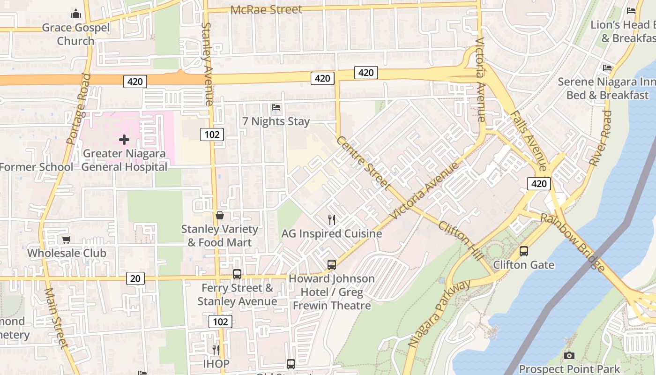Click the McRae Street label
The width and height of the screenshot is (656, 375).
coord(266,9)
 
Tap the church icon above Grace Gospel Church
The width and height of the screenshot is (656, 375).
coord(76,14)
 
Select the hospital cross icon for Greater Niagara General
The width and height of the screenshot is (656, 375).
coord(124,140)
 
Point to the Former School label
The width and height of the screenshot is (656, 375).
coord(37,167)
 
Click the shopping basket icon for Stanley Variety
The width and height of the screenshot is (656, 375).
coord(220,215)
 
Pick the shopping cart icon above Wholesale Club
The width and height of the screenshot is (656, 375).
coord(67,240)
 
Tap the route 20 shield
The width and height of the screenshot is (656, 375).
coord(135,278)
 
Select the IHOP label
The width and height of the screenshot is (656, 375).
coord(216,364)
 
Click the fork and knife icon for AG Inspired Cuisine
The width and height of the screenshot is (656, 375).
coord(332,219)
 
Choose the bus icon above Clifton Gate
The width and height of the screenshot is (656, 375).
coord(524,251)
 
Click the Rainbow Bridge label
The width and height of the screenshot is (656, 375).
coord(573,242)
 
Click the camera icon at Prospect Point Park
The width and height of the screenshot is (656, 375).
coord(569,356)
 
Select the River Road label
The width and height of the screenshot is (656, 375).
coord(600,138)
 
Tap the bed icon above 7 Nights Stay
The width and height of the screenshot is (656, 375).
coord(276,108)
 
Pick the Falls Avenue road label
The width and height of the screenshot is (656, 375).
coord(528,141)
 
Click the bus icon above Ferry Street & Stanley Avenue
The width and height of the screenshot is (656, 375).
coord(237,274)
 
